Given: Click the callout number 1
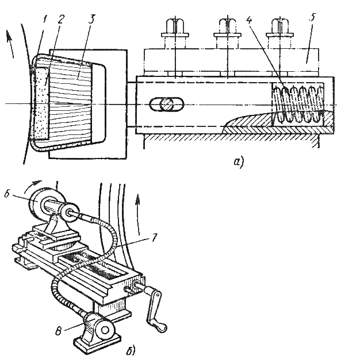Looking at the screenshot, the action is [44, 20].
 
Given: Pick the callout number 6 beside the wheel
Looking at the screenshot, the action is [7, 194].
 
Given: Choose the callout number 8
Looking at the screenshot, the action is [58, 331].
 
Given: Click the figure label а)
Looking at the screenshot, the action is [239, 162].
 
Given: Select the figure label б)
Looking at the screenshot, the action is [131, 350].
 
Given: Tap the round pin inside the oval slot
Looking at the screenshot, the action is [167, 105].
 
